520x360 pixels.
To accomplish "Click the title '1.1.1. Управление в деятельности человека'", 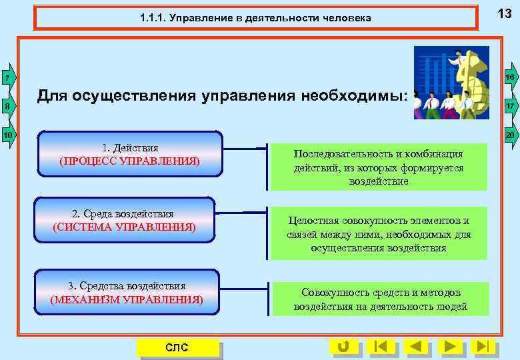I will [x=256, y=18].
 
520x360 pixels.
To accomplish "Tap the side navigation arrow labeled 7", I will [x=7, y=79].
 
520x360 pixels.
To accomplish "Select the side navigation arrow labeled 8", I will [x=7, y=107].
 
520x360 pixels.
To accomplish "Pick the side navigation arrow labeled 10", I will [x=7, y=135].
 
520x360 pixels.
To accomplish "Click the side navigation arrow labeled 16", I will [x=510, y=79].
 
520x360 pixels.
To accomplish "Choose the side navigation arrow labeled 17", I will [x=510, y=107].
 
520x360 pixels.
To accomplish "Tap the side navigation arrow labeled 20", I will [x=510, y=135].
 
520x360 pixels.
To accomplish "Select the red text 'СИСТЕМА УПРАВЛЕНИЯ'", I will [x=124, y=227].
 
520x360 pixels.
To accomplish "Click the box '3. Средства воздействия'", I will [x=127, y=292].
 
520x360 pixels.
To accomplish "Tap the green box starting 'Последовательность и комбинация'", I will [x=379, y=167].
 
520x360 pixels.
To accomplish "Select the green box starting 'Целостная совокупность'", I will [x=379, y=234].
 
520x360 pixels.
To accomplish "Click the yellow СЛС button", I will [x=177, y=347].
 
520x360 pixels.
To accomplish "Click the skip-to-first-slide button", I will [x=380, y=346].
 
